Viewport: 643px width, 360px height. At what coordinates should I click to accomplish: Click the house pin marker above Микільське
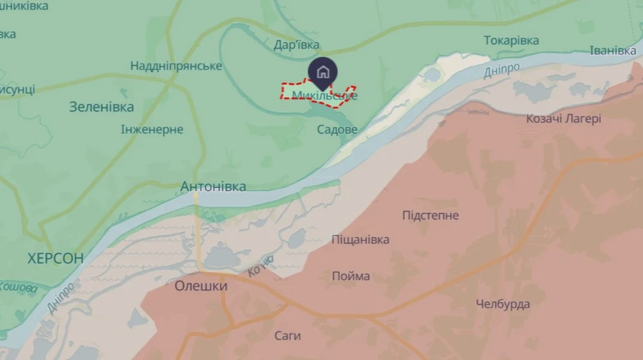click(323, 71)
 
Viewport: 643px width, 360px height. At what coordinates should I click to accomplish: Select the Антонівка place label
click(213, 186)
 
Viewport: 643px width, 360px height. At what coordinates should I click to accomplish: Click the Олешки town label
click(201, 286)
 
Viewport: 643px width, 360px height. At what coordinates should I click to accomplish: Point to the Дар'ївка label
click(296, 45)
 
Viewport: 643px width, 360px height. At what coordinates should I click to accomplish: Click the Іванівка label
click(612, 51)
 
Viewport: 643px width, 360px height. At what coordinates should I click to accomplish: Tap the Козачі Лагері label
click(564, 119)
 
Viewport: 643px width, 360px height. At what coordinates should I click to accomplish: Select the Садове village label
click(337, 129)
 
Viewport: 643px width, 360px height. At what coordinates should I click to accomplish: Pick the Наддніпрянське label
click(176, 66)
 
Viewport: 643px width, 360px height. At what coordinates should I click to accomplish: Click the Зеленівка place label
click(101, 107)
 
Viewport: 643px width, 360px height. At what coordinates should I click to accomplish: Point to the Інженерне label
click(152, 129)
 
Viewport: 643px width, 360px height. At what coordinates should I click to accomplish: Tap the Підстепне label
click(431, 215)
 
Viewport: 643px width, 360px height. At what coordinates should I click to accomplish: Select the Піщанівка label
click(361, 239)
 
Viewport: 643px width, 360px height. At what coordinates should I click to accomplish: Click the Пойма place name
click(351, 276)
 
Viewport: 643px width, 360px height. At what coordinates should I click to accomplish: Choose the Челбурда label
click(503, 304)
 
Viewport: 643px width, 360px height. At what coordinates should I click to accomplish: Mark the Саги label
click(288, 336)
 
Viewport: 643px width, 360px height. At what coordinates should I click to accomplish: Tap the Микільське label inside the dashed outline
click(324, 95)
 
